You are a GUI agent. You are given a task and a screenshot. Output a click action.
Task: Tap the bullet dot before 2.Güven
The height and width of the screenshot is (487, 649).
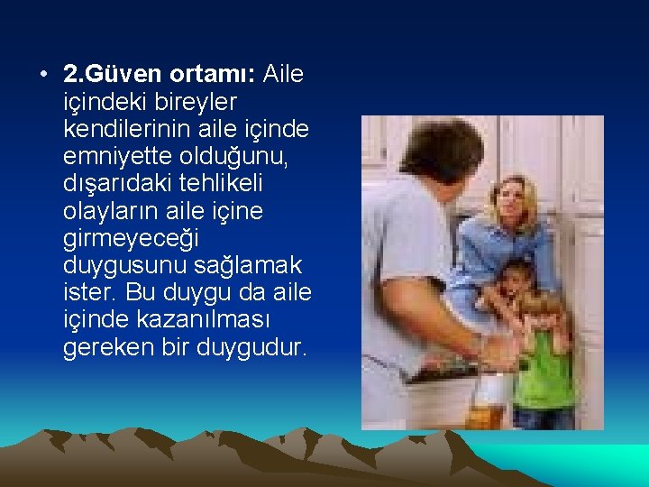(x=44, y=74)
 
